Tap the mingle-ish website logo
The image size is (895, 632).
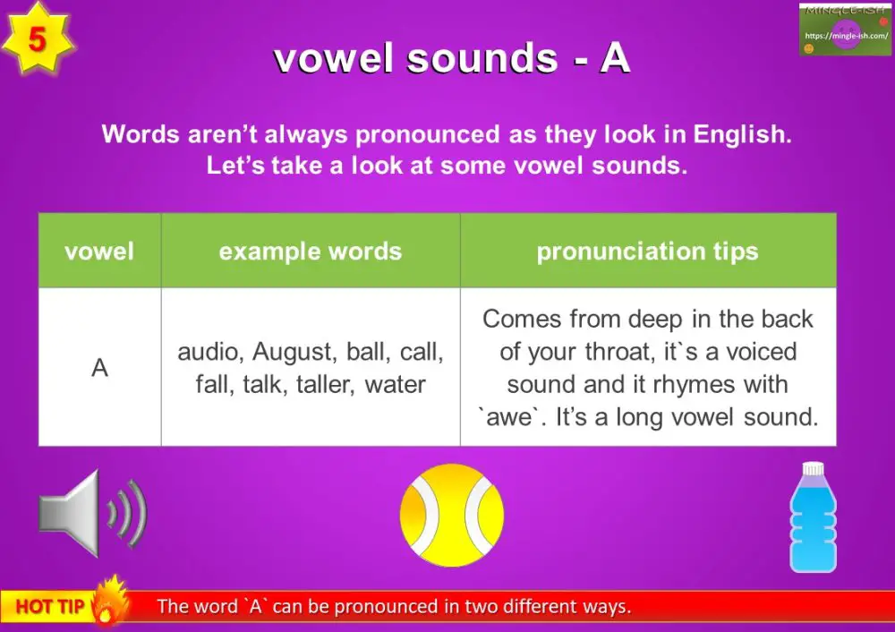pyautogui.click(x=845, y=30)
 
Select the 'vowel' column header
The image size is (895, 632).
pyautogui.click(x=99, y=252)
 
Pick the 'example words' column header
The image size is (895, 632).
pyautogui.click(x=310, y=252)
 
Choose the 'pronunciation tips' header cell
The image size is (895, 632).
pyautogui.click(x=647, y=252)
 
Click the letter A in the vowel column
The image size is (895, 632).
pyautogui.click(x=99, y=368)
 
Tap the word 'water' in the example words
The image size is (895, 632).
pyautogui.click(x=395, y=385)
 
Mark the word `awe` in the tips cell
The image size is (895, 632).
pyautogui.click(x=508, y=417)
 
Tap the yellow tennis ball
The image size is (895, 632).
pyautogui.click(x=451, y=515)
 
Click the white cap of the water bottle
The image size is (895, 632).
pyautogui.click(x=812, y=469)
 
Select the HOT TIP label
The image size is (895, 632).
pyautogui.click(x=49, y=607)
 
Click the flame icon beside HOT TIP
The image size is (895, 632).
pyautogui.click(x=108, y=600)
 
